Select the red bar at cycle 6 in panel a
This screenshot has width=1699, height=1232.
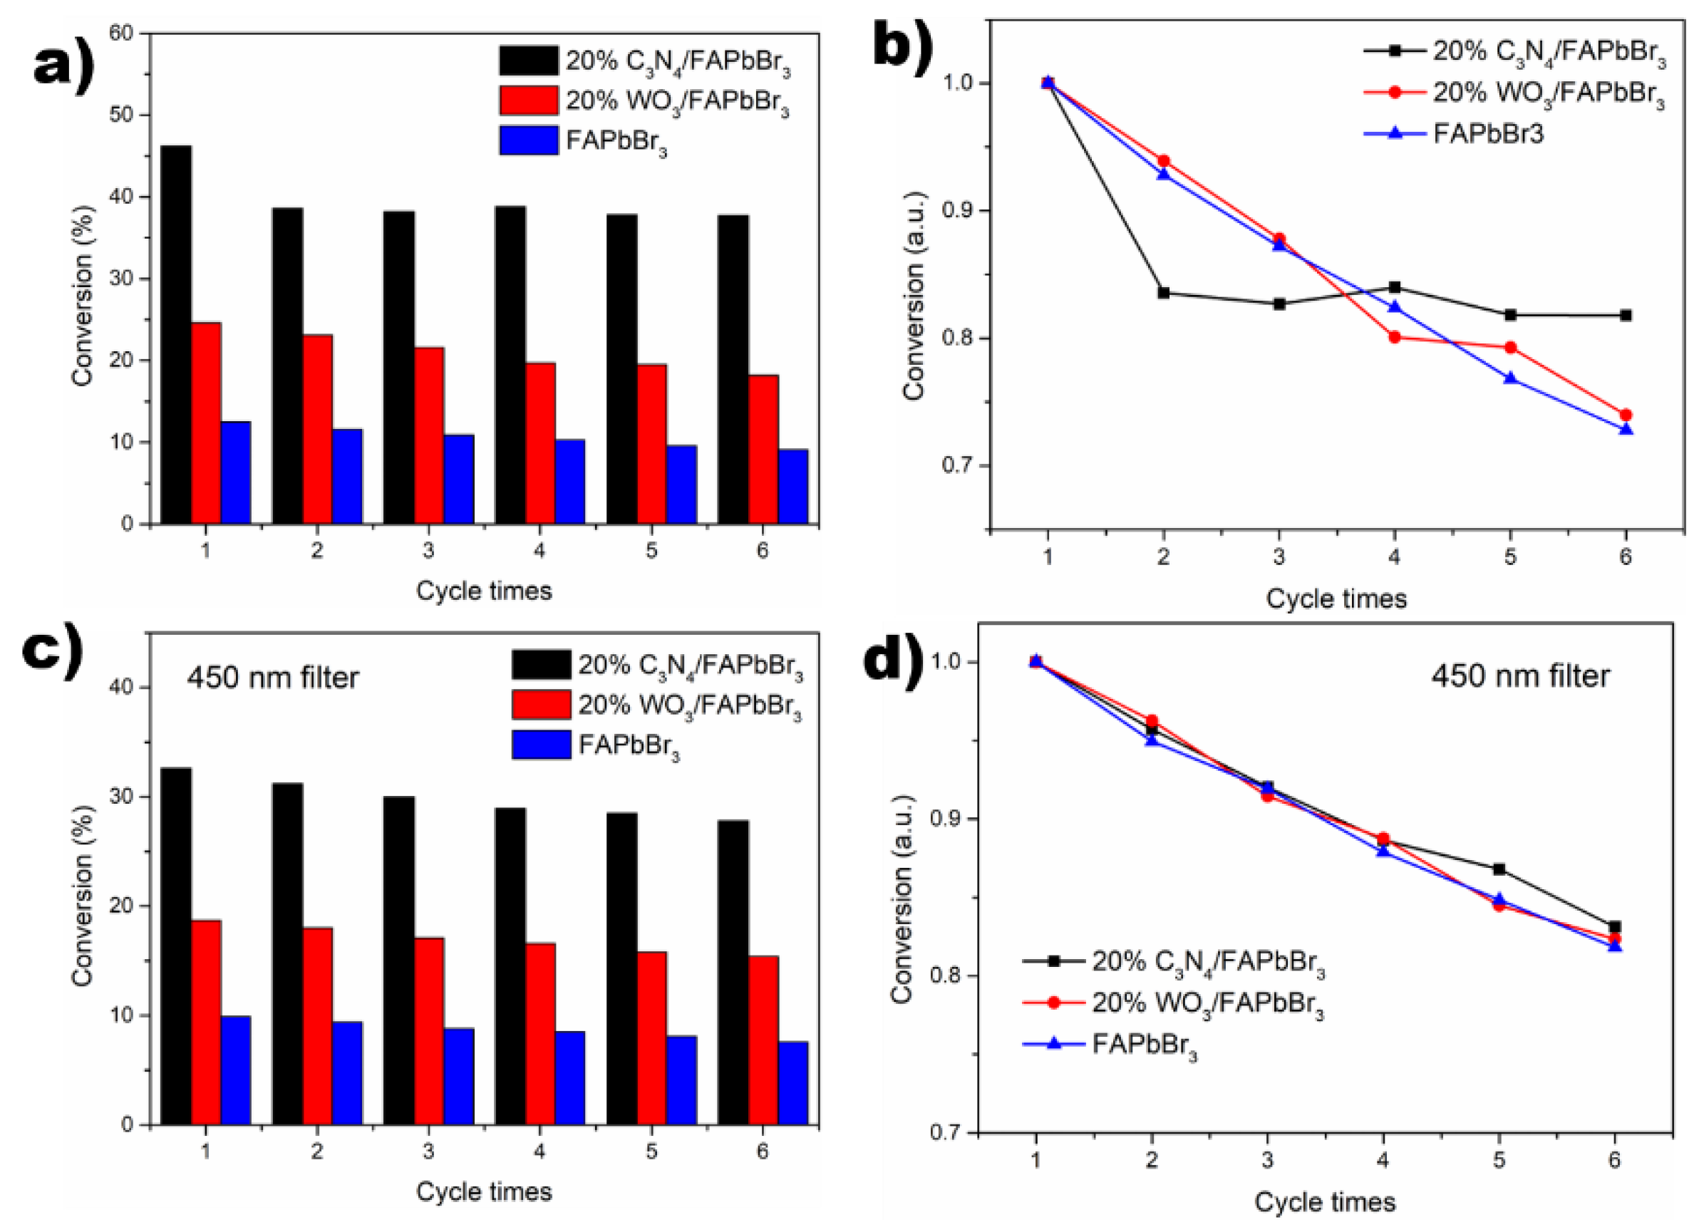[763, 450]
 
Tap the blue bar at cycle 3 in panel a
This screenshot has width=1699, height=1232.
[458, 479]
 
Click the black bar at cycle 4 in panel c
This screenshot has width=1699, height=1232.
[510, 966]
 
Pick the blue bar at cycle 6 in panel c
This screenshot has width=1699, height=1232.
[793, 1083]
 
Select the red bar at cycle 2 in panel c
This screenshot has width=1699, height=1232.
[317, 1026]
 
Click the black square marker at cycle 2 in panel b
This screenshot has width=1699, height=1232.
[1163, 293]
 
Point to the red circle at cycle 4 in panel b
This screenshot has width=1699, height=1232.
[1395, 337]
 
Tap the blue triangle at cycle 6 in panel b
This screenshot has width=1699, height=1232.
[1626, 429]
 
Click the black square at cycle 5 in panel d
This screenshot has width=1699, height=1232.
[1499, 869]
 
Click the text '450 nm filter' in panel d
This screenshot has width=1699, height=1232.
[1520, 676]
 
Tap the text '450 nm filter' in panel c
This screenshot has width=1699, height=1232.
[273, 678]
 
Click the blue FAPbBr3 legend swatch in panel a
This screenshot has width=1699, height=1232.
[529, 140]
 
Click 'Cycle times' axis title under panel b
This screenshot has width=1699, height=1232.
[1336, 599]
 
